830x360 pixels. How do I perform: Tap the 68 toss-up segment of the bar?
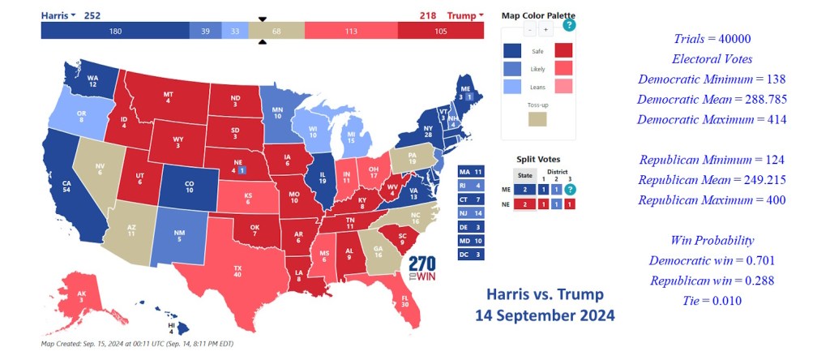pos(276,31)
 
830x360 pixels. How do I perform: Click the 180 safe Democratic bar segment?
pos(115,31)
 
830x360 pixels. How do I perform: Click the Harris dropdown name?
pos(58,15)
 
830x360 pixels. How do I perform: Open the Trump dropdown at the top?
pos(464,15)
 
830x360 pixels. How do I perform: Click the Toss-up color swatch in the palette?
pos(537,118)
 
